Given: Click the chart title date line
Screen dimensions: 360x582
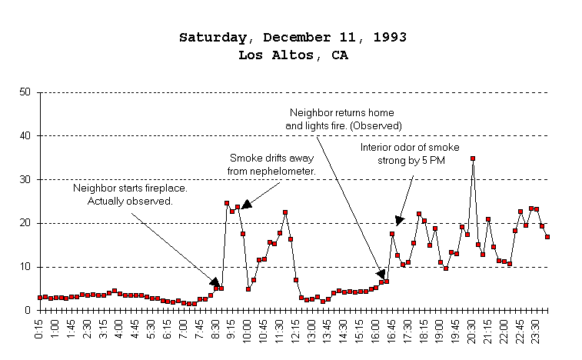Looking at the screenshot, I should [292, 38].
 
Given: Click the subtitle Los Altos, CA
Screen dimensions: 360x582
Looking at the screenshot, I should [292, 55].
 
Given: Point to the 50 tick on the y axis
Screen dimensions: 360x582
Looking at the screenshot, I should [25, 92].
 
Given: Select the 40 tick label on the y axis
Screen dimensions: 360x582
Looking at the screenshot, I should [25, 136].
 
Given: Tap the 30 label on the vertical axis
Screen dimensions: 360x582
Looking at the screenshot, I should [25, 180].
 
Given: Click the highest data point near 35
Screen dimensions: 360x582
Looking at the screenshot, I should [473, 158].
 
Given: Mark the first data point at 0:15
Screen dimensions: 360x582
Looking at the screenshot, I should [40, 298].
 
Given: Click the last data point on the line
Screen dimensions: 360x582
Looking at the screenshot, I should [547, 237].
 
